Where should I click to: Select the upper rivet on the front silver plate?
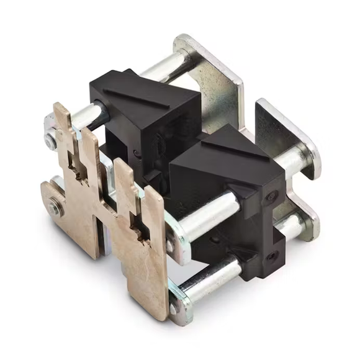pyautogui.click(x=171, y=243)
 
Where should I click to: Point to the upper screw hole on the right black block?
pyautogui.click(x=271, y=197)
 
